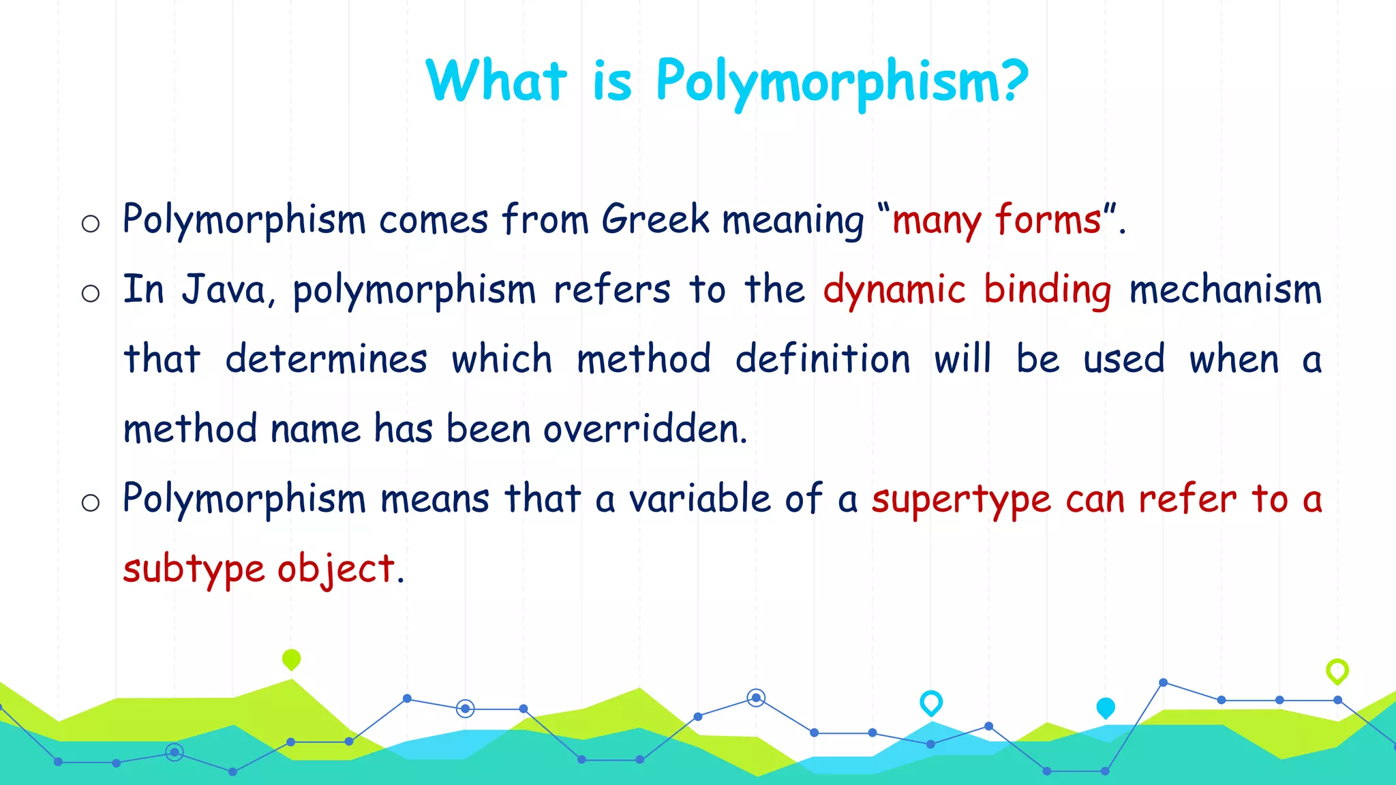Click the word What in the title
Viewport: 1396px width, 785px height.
tap(496, 81)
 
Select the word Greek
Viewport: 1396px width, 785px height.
tap(655, 219)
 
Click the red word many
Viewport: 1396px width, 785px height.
tap(937, 221)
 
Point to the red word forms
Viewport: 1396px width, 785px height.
tap(1048, 219)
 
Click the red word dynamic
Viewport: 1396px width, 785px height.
tap(894, 290)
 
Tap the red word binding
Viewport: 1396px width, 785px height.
tap(1048, 290)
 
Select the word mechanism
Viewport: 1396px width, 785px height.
tap(1225, 290)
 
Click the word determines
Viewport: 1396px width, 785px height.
tap(326, 359)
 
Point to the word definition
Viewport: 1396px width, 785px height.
tap(823, 359)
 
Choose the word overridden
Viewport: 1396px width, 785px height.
tap(645, 429)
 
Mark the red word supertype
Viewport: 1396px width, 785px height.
tap(961, 500)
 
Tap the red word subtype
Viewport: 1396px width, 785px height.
tap(194, 570)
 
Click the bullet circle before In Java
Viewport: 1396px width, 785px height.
tap(91, 294)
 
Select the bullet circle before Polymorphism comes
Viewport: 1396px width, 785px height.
tap(91, 224)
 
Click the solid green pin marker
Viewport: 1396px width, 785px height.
tap(291, 659)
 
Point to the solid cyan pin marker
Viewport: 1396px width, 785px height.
tap(1105, 707)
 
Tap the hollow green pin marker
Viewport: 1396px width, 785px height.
tap(1337, 671)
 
